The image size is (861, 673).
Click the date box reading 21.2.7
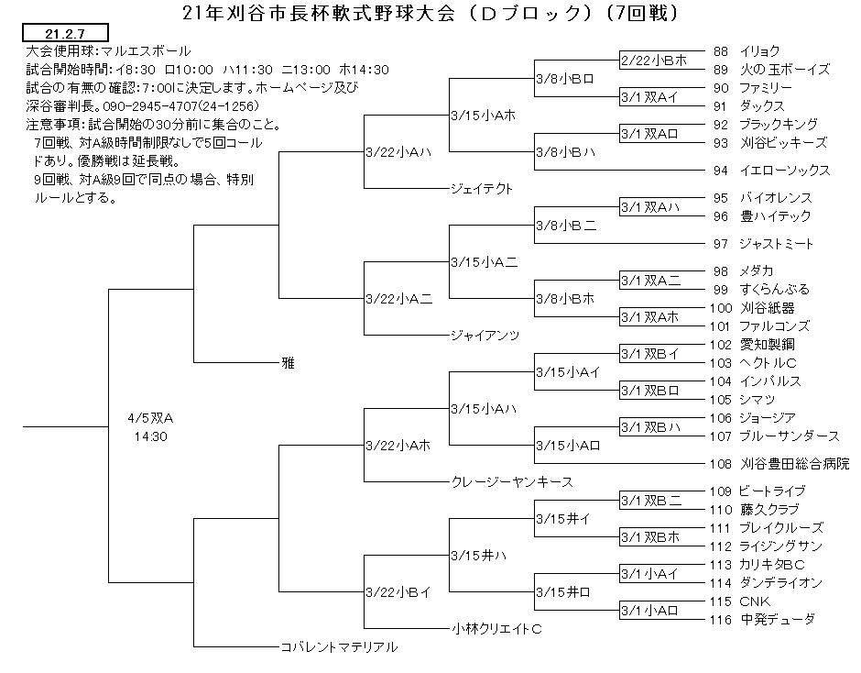coord(65,33)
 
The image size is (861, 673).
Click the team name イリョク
coord(759,51)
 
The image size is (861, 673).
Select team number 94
coord(721,171)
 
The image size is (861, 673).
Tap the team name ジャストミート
coord(776,244)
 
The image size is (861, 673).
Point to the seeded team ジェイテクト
coord(482,189)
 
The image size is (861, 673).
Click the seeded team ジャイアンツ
coord(485,335)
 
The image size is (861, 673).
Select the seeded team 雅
coord(288,363)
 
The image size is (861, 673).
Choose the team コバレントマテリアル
coord(339,646)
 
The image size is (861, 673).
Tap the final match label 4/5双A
coord(150,418)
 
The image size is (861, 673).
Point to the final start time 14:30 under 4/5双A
coord(150,436)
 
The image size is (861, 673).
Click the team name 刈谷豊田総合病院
coord(794,464)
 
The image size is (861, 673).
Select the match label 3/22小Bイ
coord(398,592)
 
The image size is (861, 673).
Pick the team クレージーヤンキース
coord(512,481)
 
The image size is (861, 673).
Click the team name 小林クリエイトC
coord(496,628)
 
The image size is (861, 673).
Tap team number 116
coord(721,620)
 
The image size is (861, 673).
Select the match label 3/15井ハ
coord(479,556)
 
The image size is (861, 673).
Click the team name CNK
coord(755,601)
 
